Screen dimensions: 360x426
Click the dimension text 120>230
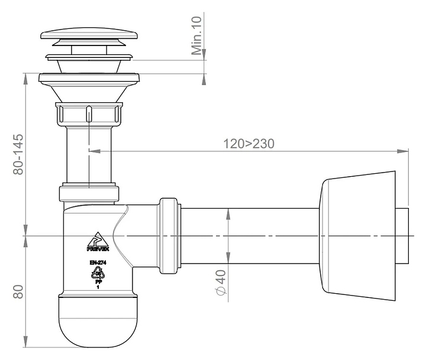point(248,144)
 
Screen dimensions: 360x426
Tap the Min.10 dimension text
point(198,36)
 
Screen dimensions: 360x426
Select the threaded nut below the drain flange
point(89,113)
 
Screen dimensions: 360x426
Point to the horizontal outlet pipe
point(248,235)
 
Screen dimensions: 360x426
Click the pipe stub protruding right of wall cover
point(402,236)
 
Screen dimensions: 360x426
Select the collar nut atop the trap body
point(89,194)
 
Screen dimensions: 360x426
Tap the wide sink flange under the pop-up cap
point(89,77)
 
